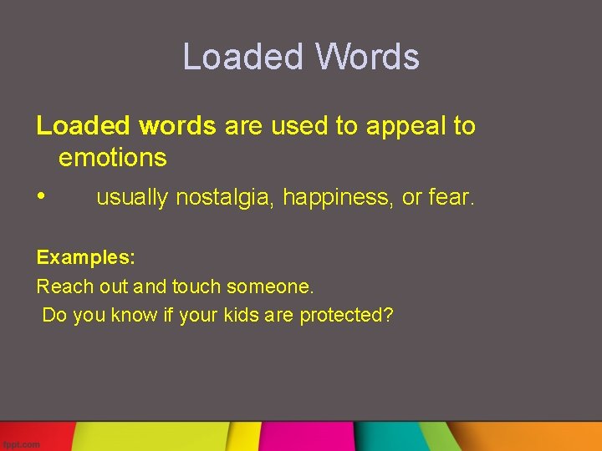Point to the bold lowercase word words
point(177,126)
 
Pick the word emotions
point(113,157)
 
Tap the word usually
point(132,198)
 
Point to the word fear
point(451,198)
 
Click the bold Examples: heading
point(86,258)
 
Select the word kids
point(241,315)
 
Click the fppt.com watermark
point(21,444)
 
